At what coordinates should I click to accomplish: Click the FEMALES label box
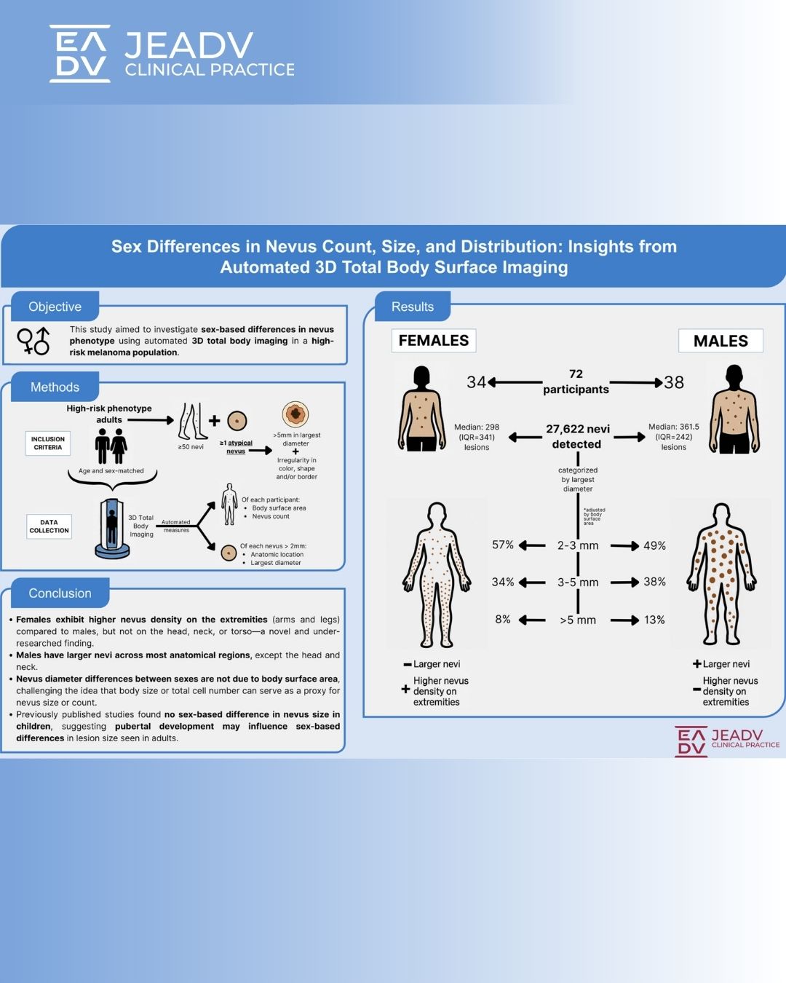[x=434, y=341]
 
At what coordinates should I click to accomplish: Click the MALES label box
[x=720, y=341]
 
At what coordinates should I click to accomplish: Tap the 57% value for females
[x=503, y=545]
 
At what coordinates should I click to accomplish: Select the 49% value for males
[x=654, y=545]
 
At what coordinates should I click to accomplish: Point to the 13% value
[x=654, y=620]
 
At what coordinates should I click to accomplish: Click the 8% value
[x=503, y=619]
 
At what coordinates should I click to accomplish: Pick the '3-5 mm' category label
[x=578, y=583]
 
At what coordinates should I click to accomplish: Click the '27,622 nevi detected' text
[x=577, y=436]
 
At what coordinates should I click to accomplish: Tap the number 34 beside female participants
[x=477, y=382]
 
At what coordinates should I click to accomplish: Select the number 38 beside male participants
[x=674, y=382]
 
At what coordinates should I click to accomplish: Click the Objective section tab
[x=55, y=307]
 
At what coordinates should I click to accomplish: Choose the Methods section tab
[x=55, y=387]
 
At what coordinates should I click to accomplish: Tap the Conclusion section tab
[x=60, y=593]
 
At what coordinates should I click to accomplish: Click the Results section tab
[x=413, y=307]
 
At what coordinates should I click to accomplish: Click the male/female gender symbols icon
[x=33, y=340]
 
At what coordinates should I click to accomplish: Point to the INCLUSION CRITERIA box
[x=48, y=443]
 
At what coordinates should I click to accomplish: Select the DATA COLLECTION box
[x=49, y=526]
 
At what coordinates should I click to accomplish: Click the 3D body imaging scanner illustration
[x=112, y=528]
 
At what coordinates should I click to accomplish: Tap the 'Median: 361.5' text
[x=674, y=427]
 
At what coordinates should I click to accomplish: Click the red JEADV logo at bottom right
[x=726, y=741]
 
